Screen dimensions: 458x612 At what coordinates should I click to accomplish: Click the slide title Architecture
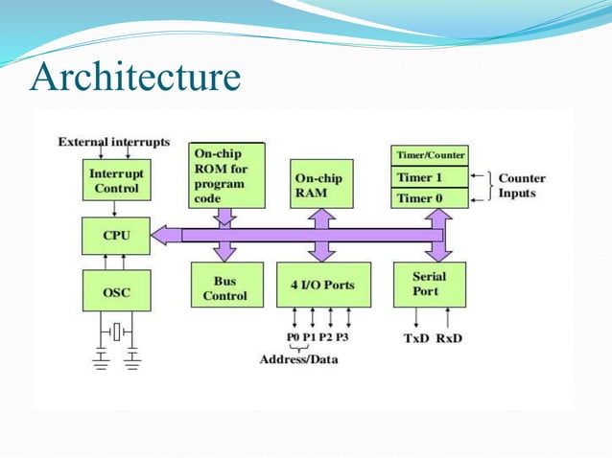[134, 78]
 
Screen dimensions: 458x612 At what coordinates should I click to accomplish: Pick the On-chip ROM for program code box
[227, 175]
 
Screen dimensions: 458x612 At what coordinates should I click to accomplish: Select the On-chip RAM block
[321, 184]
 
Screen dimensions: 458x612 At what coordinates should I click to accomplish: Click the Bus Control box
[225, 288]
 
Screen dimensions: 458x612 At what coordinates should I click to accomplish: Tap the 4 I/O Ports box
[322, 285]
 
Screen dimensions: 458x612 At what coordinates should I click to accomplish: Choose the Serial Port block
[430, 285]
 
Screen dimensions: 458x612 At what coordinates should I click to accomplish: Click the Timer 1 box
[430, 177]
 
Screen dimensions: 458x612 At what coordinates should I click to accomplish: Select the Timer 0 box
[430, 197]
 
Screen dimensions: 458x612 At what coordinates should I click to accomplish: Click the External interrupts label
[114, 142]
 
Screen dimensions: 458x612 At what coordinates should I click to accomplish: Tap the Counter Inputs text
[522, 186]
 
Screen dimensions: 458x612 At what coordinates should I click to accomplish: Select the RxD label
[449, 338]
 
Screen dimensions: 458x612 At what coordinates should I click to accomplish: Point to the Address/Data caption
[298, 360]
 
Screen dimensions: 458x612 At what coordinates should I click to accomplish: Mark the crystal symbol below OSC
[115, 332]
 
